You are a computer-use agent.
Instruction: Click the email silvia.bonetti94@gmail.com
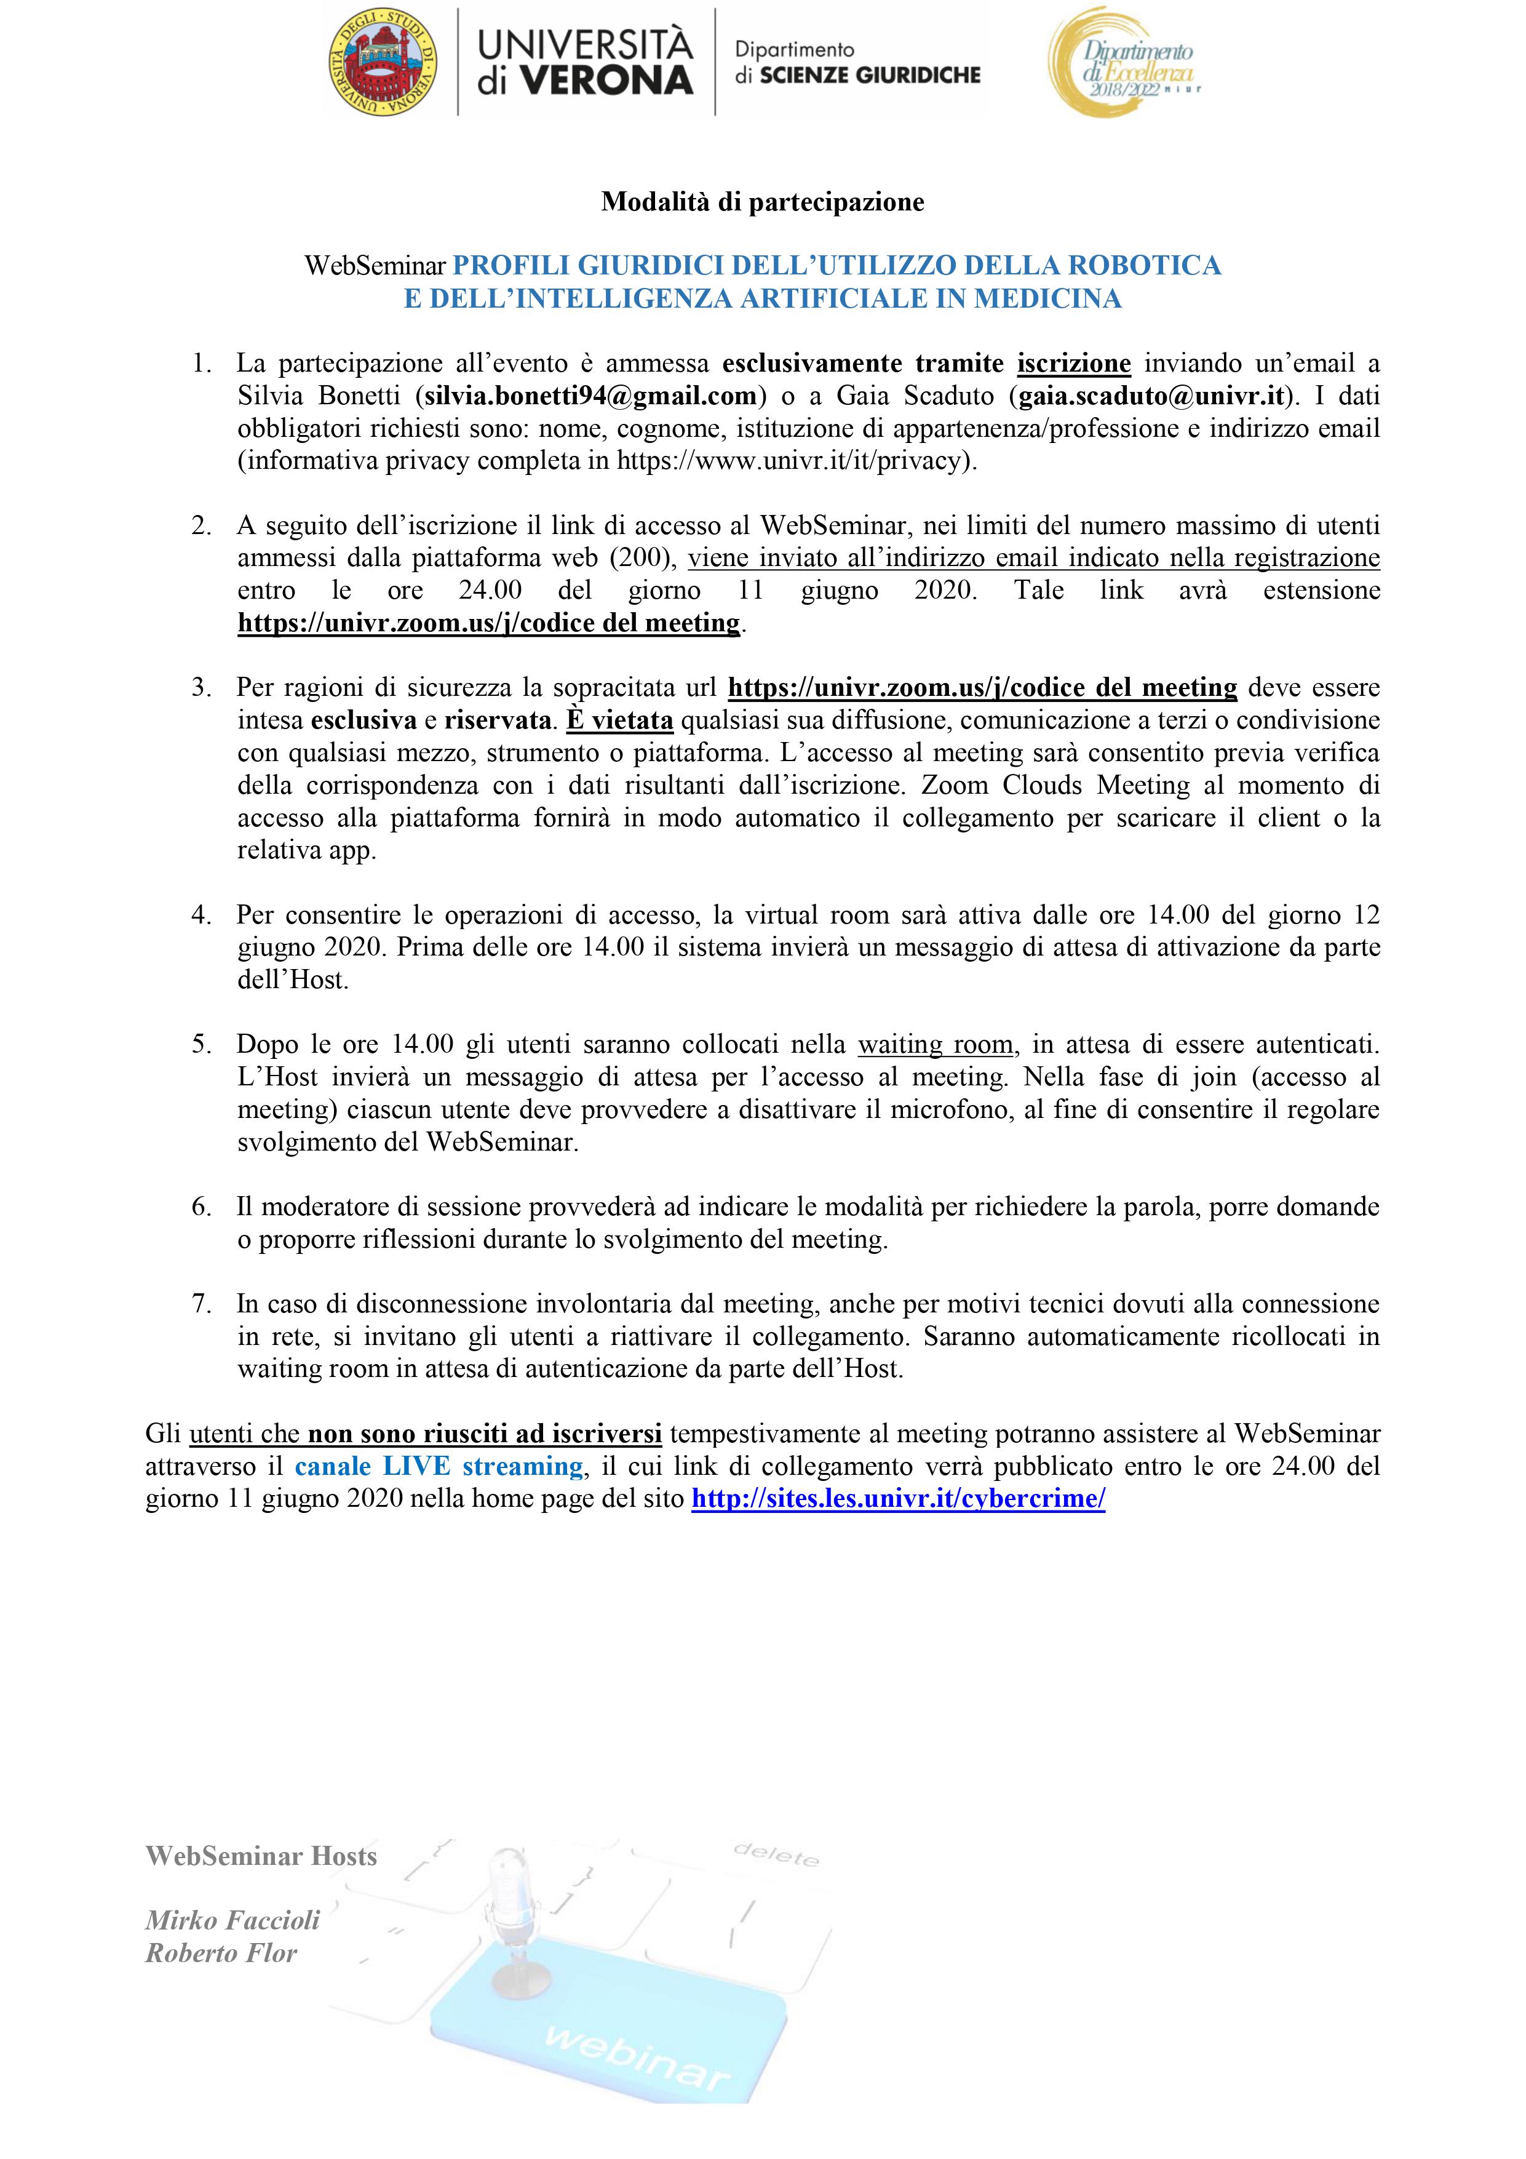(x=590, y=396)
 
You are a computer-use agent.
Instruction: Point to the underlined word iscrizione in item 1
(x=1074, y=363)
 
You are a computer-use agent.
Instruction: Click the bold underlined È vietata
(x=619, y=720)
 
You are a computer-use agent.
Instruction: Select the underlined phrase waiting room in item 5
(x=936, y=1044)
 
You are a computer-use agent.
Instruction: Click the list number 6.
(x=201, y=1207)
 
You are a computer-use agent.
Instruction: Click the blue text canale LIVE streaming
(x=439, y=1466)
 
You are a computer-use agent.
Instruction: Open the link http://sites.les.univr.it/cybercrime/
(x=898, y=1498)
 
